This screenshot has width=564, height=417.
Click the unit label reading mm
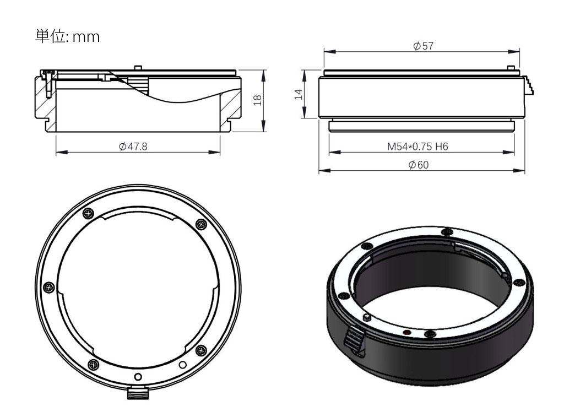86,37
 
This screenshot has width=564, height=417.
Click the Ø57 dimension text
424,46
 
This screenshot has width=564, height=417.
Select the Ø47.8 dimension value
133,147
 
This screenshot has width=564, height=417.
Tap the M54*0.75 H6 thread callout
417,147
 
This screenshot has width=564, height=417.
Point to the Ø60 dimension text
419,165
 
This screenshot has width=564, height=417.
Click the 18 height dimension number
258,100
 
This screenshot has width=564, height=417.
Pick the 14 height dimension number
299,95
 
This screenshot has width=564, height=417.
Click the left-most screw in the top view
49,287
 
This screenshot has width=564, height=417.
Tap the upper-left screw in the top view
89,213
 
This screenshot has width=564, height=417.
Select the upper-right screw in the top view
201,224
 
